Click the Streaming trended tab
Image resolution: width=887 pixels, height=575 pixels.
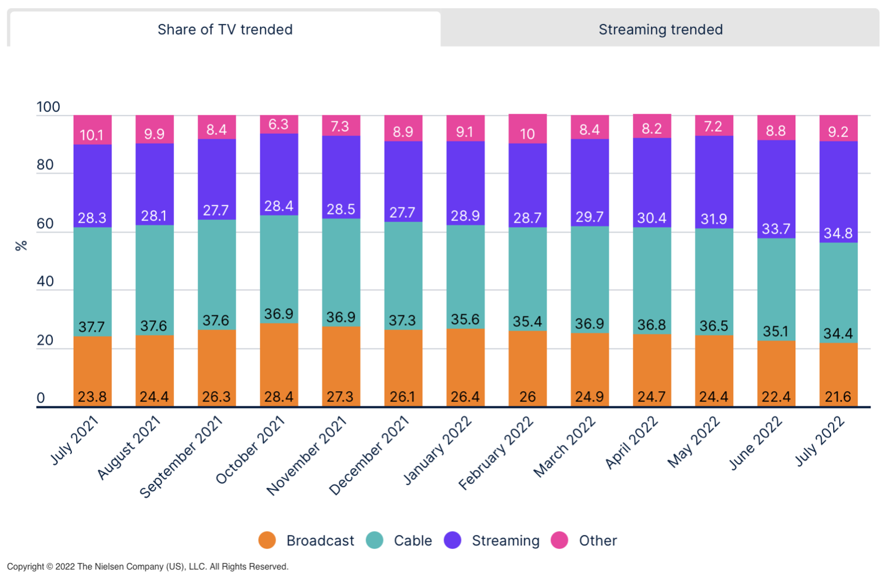click(660, 30)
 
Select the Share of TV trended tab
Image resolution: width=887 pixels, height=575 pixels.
click(225, 30)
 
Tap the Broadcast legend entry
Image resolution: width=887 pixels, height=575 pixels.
click(319, 540)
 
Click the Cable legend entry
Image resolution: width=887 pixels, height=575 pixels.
click(412, 540)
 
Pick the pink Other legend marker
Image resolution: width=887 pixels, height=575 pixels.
click(559, 540)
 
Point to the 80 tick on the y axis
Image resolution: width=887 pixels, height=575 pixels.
click(45, 165)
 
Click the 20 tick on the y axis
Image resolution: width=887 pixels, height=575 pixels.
click(45, 340)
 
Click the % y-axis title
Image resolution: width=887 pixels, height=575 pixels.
click(21, 246)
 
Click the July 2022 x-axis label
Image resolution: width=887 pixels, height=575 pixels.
click(820, 441)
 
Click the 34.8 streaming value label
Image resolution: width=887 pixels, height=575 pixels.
click(838, 233)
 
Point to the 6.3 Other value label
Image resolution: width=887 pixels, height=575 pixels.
click(278, 125)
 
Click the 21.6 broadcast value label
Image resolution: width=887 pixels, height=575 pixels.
click(838, 397)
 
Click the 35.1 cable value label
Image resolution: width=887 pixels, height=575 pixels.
click(776, 331)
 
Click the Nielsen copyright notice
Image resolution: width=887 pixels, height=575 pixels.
click(147, 566)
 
